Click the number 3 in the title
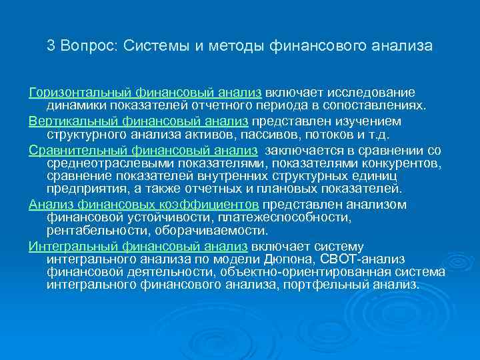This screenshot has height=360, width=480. click(51, 46)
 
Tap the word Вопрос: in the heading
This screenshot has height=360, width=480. click(87, 46)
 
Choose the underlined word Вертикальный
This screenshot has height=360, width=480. click(70, 122)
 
